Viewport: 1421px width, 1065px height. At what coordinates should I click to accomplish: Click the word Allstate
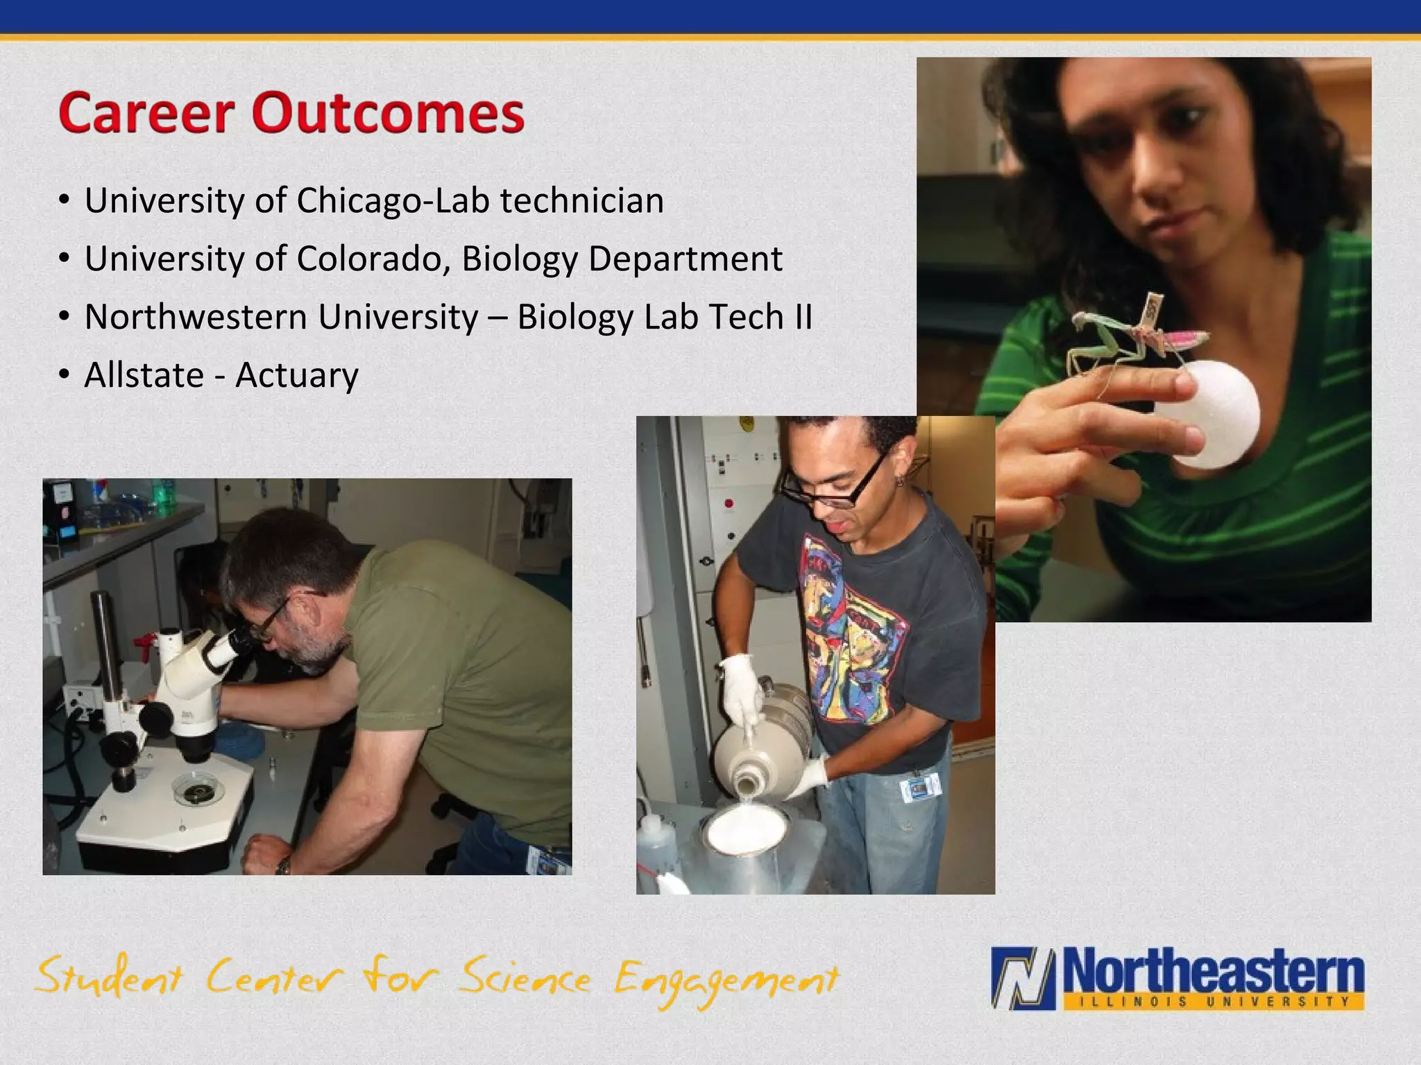(144, 375)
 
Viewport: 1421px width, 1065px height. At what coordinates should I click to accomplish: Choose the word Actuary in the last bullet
(297, 376)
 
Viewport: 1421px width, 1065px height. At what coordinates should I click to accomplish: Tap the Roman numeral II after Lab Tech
(802, 317)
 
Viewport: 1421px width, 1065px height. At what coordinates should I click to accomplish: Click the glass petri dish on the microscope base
(198, 790)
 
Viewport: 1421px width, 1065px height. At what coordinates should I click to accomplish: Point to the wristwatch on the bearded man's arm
(282, 865)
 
